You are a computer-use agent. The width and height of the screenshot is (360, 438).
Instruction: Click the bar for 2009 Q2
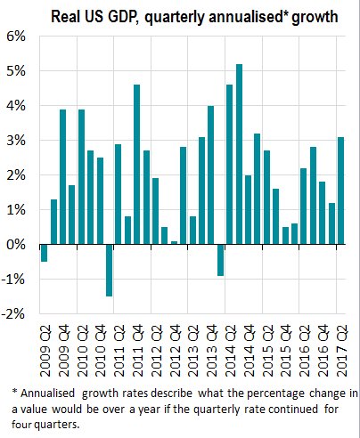point(45,254)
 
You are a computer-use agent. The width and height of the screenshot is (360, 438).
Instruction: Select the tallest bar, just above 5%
point(239,154)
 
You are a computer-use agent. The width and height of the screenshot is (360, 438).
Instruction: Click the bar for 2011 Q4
point(137,165)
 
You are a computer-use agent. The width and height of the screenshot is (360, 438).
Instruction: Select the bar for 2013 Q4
point(211,175)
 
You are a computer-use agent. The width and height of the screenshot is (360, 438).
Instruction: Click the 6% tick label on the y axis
point(17,36)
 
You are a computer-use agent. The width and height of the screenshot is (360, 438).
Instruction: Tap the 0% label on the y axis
point(17,245)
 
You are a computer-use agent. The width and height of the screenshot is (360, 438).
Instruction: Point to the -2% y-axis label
point(15,314)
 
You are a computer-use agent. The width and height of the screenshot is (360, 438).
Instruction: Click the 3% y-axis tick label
point(17,141)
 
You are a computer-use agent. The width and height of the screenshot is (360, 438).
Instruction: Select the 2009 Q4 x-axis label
point(63,343)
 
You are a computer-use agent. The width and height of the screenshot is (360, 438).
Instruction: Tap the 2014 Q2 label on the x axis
point(230,343)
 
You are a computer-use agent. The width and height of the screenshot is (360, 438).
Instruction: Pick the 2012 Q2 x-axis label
point(156,343)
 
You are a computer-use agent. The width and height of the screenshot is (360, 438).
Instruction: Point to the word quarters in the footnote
point(79,424)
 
